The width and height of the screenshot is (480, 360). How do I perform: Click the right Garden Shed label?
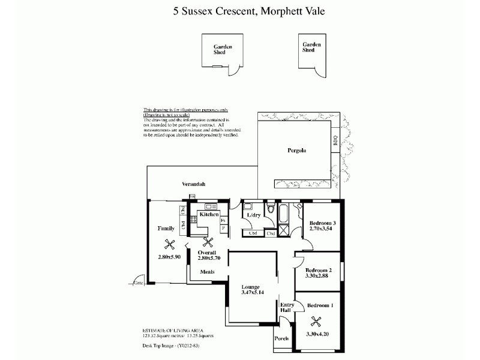311,47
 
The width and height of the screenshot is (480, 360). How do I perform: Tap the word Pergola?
296,151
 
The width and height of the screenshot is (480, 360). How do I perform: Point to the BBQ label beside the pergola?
335,142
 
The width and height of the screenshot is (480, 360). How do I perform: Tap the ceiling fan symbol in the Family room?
170,244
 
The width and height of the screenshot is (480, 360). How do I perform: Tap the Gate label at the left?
139,283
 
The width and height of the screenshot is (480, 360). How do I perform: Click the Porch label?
281,338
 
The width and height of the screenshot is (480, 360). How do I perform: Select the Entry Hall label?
287,308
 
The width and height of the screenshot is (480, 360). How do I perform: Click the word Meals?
208,272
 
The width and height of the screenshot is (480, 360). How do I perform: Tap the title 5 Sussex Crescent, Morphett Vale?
240,11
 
